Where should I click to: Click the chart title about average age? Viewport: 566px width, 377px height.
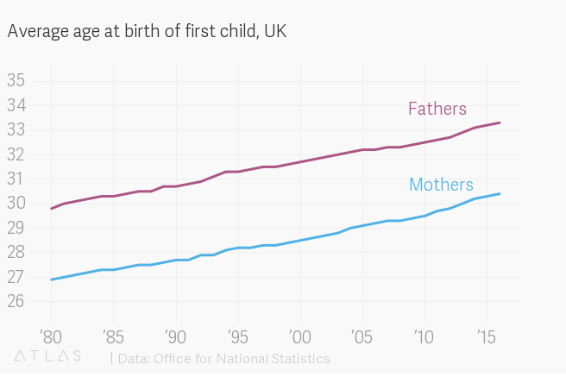147,32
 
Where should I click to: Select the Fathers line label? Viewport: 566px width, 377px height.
437,109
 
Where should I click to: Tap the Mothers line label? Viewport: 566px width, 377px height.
441,185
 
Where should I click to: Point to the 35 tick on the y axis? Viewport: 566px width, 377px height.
16,81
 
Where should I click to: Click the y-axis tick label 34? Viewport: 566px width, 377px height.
16,105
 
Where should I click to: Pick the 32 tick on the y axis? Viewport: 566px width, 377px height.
16,154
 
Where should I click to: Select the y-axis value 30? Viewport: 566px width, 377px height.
16,204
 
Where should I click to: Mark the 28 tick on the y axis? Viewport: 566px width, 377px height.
16,253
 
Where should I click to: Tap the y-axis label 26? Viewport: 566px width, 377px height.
16,302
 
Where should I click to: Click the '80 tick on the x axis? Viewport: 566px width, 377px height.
51,334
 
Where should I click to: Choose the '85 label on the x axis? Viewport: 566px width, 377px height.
113,334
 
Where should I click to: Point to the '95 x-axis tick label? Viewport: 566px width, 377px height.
238,334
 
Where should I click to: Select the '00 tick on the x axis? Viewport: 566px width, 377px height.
300,334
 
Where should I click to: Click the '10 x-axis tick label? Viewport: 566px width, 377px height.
424,334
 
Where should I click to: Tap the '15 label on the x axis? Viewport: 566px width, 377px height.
486,334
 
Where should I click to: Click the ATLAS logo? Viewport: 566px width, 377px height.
48,355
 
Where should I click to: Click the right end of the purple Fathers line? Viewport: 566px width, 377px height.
500,123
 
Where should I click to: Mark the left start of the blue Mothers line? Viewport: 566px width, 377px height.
52,280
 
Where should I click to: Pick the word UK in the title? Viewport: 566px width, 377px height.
275,32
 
